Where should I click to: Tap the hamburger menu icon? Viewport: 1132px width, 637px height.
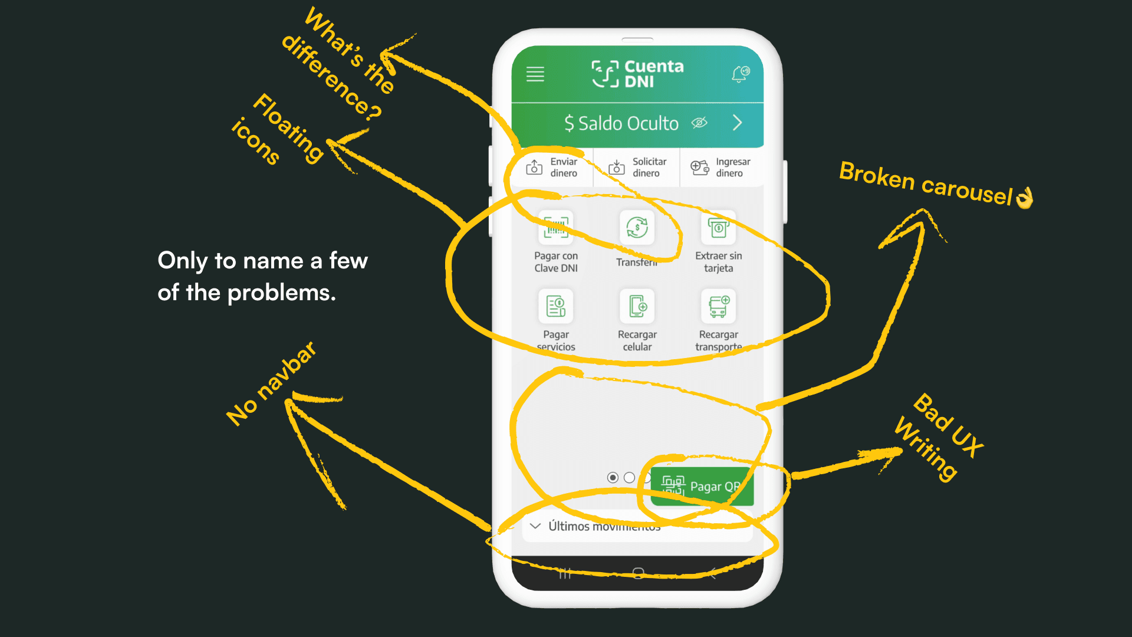(535, 74)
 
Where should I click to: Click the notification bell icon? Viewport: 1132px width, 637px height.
(740, 74)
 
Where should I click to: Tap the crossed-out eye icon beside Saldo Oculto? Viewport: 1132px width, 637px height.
(699, 123)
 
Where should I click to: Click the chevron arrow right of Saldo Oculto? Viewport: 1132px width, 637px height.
(737, 123)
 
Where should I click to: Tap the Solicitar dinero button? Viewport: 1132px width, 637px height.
(637, 168)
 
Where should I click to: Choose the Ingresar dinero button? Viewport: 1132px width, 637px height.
(720, 168)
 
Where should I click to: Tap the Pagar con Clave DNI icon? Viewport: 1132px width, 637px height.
(555, 227)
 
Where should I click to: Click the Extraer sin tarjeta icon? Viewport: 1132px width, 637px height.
(718, 227)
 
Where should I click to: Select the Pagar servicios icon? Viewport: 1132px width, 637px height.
(555, 306)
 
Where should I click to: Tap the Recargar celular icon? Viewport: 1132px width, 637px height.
(637, 306)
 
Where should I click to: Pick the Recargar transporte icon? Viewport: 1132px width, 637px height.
(718, 306)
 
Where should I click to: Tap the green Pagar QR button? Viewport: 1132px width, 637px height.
(702, 487)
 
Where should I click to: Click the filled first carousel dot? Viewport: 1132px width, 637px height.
(613, 478)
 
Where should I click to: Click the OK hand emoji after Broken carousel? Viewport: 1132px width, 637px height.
(1025, 198)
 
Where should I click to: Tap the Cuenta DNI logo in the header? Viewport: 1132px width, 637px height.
(637, 74)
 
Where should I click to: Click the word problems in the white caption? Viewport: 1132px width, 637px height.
(281, 293)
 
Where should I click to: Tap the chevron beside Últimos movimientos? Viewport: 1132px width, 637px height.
(535, 526)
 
